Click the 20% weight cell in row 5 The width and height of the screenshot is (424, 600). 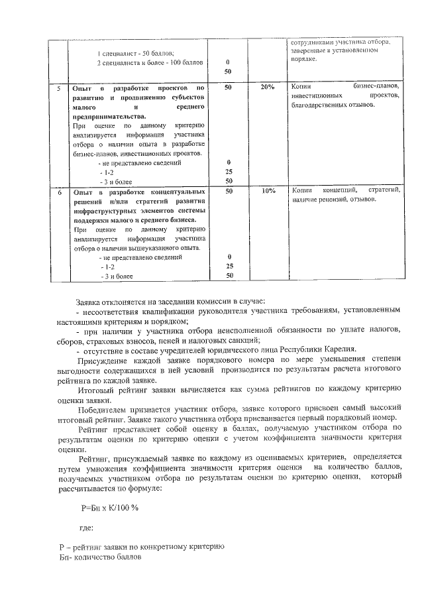click(x=267, y=88)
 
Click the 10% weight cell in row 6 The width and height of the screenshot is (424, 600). click(x=268, y=191)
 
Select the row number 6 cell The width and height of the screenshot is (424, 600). click(x=60, y=192)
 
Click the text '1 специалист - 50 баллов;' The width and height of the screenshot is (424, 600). click(x=135, y=53)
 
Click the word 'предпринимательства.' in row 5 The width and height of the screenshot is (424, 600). click(x=107, y=115)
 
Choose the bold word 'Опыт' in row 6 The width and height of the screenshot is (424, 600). click(x=83, y=192)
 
